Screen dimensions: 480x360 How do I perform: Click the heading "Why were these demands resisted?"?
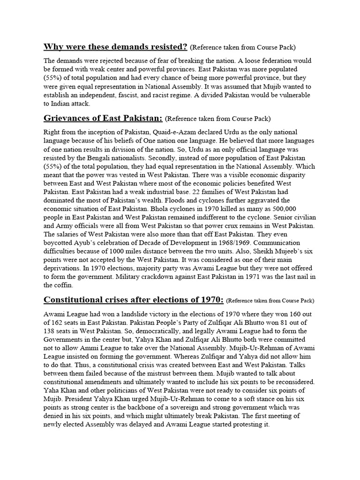point(115,47)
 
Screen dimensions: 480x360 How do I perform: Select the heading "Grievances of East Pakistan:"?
point(103,118)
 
